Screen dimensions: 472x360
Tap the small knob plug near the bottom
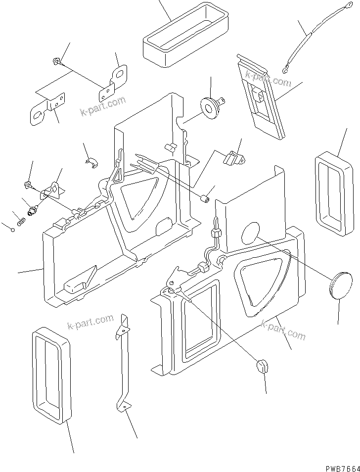click(264, 367)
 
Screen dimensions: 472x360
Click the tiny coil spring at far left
click(21, 222)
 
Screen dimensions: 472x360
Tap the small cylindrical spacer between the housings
click(204, 199)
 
